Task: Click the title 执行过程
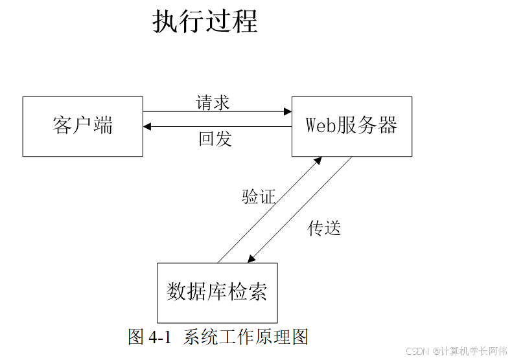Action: click(x=205, y=21)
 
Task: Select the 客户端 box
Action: click(x=82, y=126)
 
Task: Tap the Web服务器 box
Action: click(x=351, y=126)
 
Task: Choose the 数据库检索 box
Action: click(x=217, y=292)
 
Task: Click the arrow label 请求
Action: click(x=213, y=102)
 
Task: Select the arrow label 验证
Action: click(x=259, y=197)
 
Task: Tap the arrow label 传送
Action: click(x=324, y=228)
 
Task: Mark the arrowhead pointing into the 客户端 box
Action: click(x=148, y=127)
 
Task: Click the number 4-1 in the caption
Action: click(x=159, y=337)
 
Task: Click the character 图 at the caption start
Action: click(x=136, y=337)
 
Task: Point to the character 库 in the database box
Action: click(x=217, y=292)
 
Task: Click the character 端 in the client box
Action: click(x=103, y=126)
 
